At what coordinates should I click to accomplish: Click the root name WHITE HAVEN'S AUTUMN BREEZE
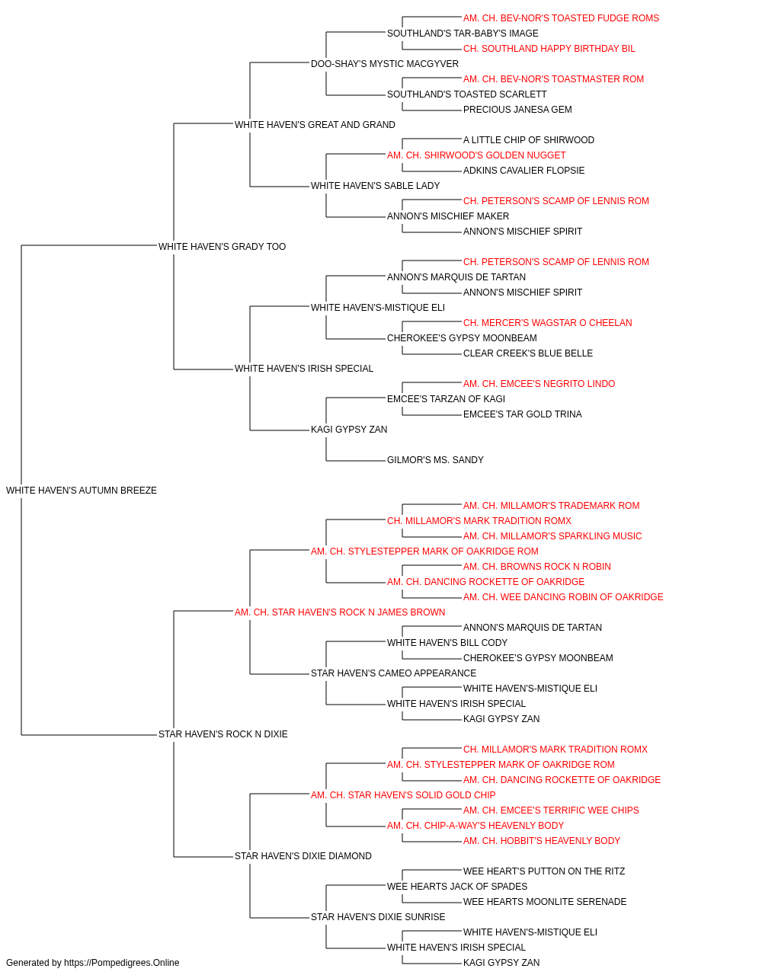(82, 491)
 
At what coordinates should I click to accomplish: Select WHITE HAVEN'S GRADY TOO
(223, 246)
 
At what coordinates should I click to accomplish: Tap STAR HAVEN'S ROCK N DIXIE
(223, 734)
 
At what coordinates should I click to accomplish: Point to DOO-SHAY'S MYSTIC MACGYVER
(385, 64)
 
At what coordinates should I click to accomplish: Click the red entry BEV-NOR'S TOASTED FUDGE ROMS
(561, 18)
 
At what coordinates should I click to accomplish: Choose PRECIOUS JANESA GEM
(517, 110)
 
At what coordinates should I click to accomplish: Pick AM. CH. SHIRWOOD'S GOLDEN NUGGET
(476, 155)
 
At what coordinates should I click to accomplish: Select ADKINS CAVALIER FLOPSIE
(523, 171)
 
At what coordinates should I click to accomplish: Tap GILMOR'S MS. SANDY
(435, 460)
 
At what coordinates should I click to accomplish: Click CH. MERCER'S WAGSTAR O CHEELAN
(547, 323)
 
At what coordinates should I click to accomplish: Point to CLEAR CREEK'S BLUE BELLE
(528, 353)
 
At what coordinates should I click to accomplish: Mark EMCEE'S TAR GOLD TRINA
(523, 414)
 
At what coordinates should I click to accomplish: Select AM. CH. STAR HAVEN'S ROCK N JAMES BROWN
(340, 612)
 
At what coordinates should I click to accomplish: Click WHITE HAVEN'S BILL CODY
(447, 643)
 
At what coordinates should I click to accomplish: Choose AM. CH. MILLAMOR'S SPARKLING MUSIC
(552, 535)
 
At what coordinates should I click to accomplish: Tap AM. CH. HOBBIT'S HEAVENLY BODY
(542, 840)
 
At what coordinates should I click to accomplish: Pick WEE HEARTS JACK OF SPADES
(457, 886)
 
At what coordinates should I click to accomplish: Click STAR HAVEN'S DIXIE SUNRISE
(378, 916)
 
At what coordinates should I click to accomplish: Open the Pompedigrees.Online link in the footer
(121, 963)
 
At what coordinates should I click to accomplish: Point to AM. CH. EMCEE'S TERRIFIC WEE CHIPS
(551, 810)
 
